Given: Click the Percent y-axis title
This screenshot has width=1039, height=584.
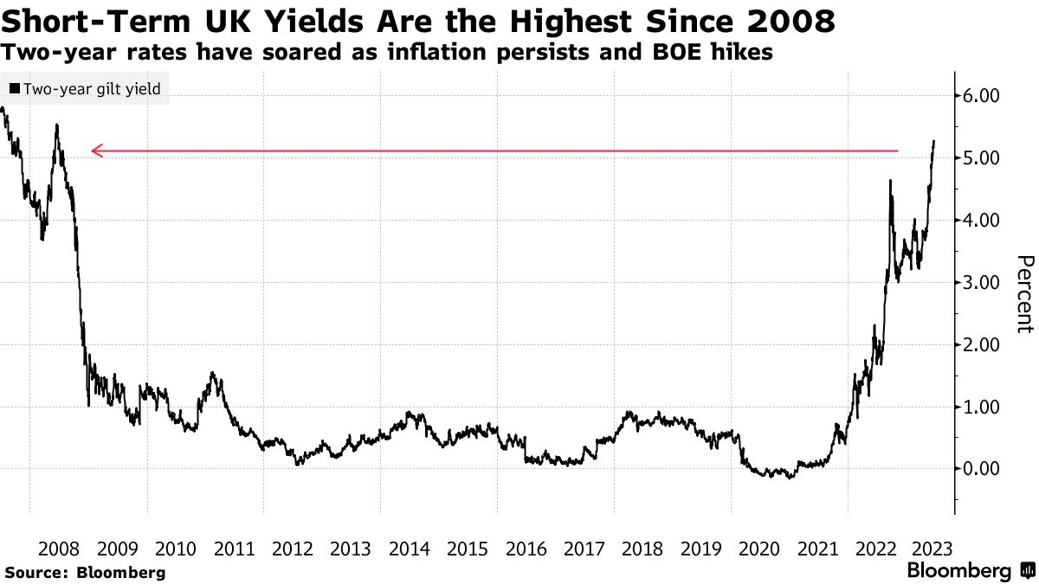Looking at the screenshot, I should [1024, 294].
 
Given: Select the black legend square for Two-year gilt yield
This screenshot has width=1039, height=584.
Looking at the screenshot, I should [14, 89].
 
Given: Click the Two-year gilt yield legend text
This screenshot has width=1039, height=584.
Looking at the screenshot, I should [92, 89].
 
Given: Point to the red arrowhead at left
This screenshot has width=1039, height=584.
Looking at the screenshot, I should [96, 151].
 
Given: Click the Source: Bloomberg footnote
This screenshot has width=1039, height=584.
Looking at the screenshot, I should [85, 572].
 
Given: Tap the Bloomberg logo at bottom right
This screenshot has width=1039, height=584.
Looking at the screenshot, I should [970, 571].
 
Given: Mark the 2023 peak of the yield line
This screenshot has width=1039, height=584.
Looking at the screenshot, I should [934, 141].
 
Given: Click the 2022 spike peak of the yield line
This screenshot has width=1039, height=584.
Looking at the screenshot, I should [891, 180].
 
